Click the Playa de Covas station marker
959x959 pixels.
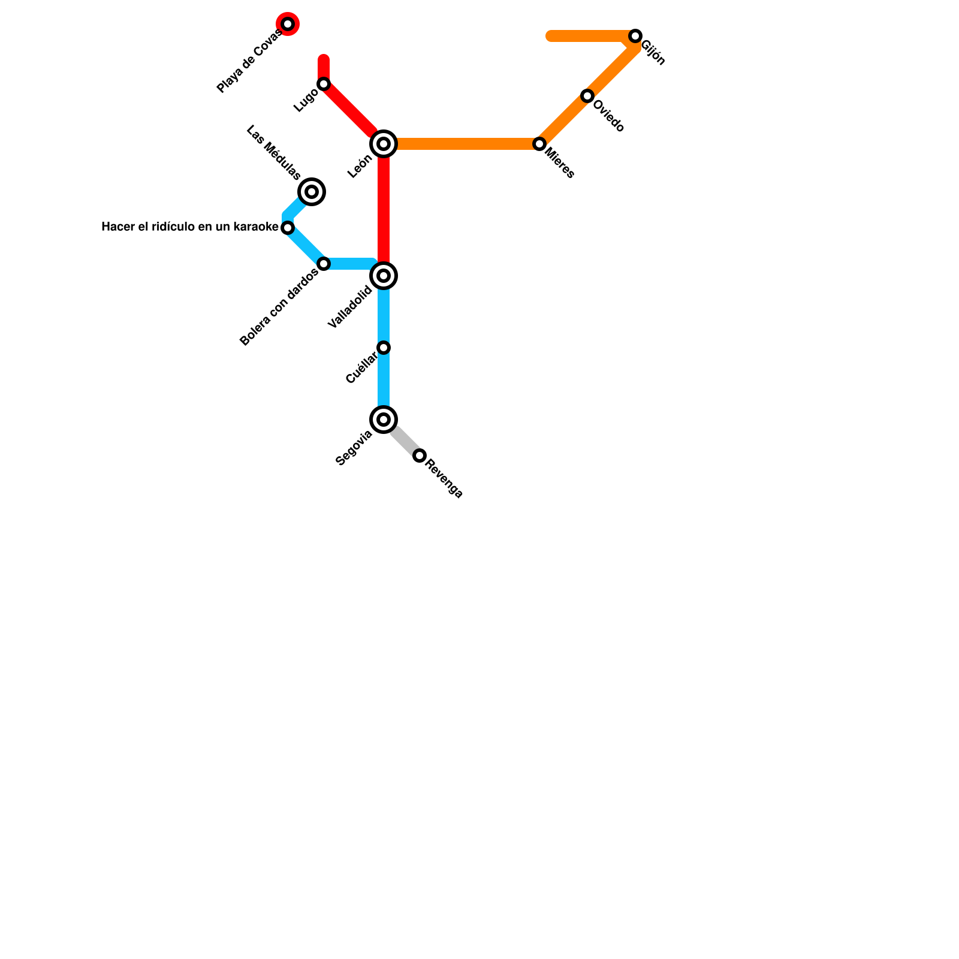click(x=288, y=24)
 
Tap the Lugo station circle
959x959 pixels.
click(x=324, y=84)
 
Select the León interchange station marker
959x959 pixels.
click(x=384, y=144)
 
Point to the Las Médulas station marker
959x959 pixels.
click(x=312, y=192)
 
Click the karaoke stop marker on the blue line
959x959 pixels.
click(x=288, y=228)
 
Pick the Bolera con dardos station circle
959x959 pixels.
click(x=324, y=264)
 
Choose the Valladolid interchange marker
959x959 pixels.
click(x=384, y=276)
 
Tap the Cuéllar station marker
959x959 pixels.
click(x=384, y=348)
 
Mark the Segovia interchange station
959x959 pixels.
click(x=384, y=420)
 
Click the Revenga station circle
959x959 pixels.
click(x=420, y=456)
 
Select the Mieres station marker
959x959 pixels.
click(x=539, y=144)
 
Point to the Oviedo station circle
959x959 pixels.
click(x=587, y=96)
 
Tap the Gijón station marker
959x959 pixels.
click(x=635, y=36)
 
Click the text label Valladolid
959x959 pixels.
click(x=351, y=307)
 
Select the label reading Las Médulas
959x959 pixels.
click(x=273, y=153)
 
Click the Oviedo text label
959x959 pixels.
click(x=608, y=116)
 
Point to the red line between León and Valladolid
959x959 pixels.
click(x=384, y=210)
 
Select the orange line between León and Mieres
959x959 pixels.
click(x=462, y=144)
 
